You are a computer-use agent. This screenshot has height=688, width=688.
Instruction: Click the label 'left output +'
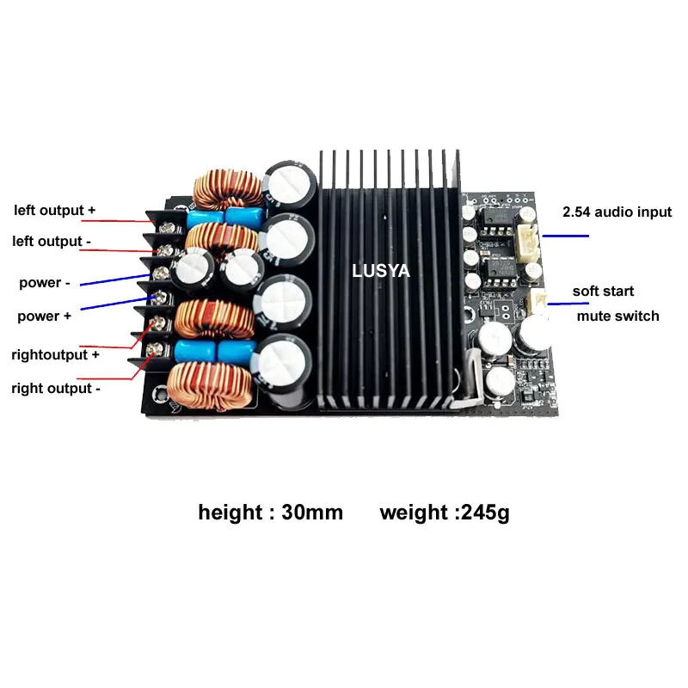(x=53, y=210)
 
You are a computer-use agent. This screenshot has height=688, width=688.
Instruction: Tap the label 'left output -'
(x=52, y=242)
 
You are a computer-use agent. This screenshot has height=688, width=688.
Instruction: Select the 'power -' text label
(x=40, y=283)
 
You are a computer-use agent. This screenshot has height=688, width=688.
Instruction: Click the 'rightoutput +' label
(x=55, y=353)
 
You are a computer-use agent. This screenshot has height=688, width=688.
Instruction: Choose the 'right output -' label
(x=56, y=388)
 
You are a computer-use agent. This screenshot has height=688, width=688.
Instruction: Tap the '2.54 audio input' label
(x=617, y=212)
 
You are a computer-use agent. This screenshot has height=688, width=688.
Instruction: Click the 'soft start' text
(x=603, y=292)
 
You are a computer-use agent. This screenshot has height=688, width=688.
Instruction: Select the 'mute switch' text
(x=617, y=316)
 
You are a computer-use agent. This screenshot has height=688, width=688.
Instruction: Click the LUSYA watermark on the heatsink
(x=381, y=271)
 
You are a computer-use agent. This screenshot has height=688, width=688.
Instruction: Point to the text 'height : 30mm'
(x=270, y=513)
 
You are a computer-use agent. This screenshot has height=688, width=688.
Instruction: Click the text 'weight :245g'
(x=445, y=513)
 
